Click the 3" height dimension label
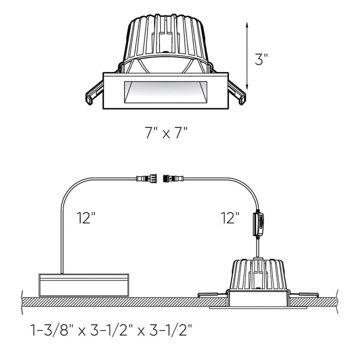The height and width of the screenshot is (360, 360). (261, 60)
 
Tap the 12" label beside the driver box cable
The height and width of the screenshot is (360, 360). (86, 218)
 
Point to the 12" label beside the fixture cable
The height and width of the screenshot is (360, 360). (231, 218)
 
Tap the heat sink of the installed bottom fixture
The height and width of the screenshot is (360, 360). (258, 274)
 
